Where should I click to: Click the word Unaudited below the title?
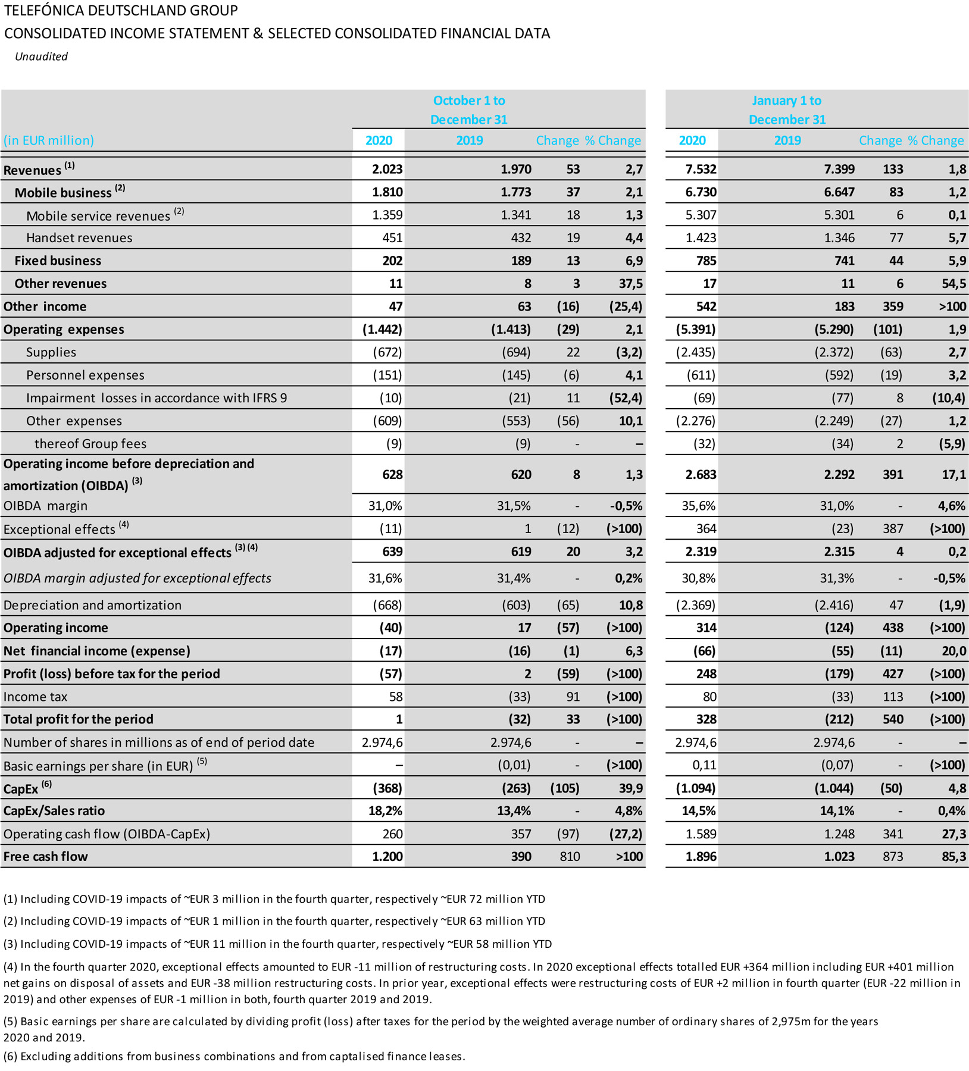click(x=41, y=57)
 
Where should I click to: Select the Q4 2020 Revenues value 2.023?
click(x=387, y=170)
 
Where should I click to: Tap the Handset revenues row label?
click(x=79, y=238)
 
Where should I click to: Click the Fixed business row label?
click(x=58, y=261)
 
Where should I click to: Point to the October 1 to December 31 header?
click(x=469, y=110)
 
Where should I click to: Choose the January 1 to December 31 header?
click(x=787, y=110)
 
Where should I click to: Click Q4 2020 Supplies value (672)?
click(x=387, y=352)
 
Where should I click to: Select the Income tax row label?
click(x=35, y=697)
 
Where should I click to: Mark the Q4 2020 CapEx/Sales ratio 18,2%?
click(x=386, y=811)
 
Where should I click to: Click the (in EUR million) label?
click(x=49, y=140)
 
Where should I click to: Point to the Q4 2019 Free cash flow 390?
click(x=521, y=857)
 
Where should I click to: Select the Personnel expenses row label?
click(x=85, y=375)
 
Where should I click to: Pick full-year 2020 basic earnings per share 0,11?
click(x=704, y=765)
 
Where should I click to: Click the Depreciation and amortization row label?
click(x=92, y=605)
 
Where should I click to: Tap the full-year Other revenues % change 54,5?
click(x=953, y=284)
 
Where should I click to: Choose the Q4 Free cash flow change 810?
click(x=568, y=857)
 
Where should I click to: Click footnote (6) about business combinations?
click(x=234, y=1056)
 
